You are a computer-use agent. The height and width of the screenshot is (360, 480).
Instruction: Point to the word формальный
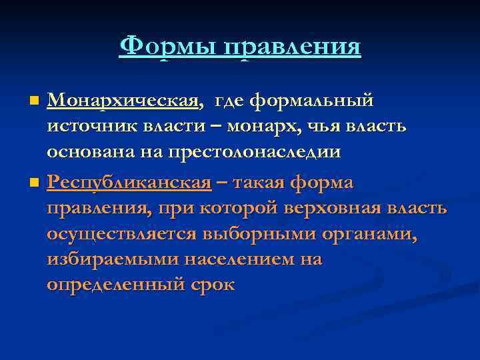click(x=311, y=101)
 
